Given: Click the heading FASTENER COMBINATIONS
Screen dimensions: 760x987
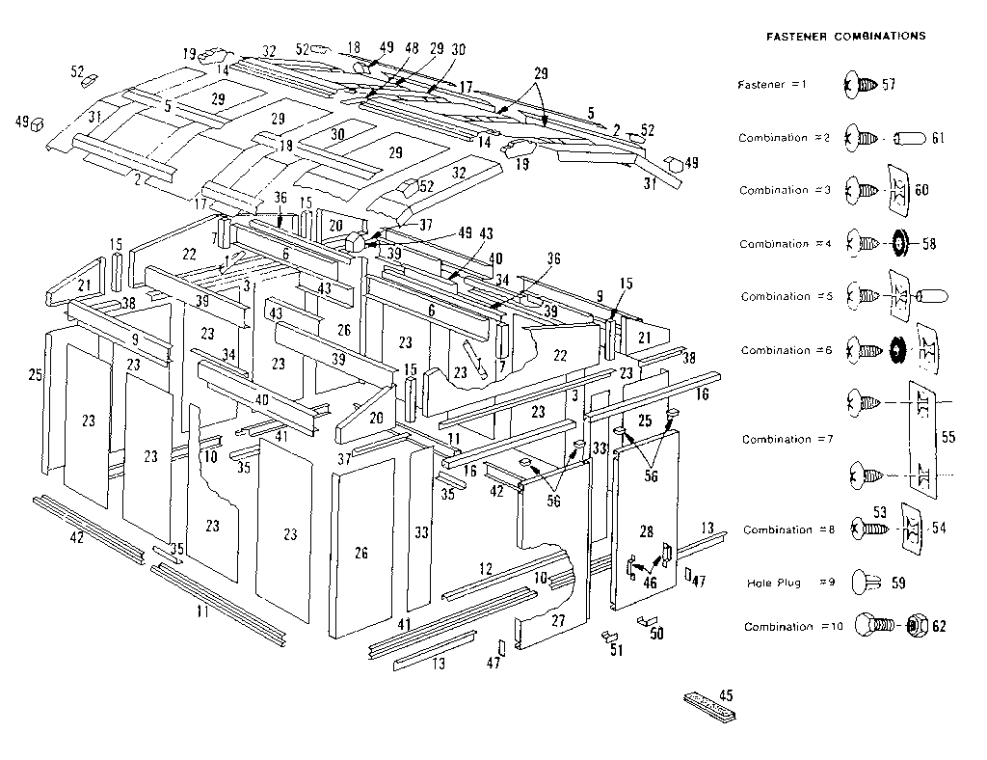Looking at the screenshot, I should (x=845, y=36).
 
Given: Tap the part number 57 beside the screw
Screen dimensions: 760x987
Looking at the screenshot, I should (x=889, y=85).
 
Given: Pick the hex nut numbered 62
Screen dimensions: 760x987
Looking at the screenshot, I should (x=917, y=626).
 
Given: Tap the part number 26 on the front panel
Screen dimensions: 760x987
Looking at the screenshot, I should (x=361, y=553).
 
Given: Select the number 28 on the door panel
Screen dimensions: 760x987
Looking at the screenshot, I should (x=646, y=531).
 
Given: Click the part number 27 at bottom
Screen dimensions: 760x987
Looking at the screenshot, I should (x=557, y=622).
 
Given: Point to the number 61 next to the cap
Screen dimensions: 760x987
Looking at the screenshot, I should (x=938, y=139).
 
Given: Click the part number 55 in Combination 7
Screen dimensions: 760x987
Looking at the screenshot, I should (x=947, y=437).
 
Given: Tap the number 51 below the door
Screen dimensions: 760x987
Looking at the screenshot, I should (x=616, y=651).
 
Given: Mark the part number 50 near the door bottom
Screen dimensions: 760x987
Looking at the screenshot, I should (x=657, y=634).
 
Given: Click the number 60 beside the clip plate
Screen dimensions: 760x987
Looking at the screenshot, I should (x=921, y=191).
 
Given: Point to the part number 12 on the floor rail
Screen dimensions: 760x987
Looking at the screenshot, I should (x=485, y=568).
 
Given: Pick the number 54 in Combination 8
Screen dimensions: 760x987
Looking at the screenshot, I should (x=939, y=528).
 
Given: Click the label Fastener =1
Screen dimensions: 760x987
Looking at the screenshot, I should (x=770, y=85).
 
